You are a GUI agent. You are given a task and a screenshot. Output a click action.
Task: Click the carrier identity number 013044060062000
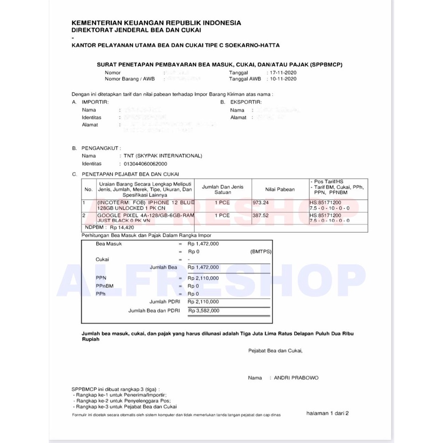click(x=146, y=164)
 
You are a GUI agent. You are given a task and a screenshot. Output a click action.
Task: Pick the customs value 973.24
click(x=261, y=203)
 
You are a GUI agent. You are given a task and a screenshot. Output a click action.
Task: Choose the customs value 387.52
click(x=261, y=215)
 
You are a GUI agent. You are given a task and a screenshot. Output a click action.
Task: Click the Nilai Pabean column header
click(x=280, y=189)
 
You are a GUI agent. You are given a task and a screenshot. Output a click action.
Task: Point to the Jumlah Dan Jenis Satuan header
click(x=223, y=189)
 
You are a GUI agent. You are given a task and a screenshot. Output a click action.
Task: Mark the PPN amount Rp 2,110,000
click(x=203, y=278)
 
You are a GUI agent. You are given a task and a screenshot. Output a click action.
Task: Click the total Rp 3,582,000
click(x=203, y=311)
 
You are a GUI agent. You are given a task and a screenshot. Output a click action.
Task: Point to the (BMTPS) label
click(x=261, y=251)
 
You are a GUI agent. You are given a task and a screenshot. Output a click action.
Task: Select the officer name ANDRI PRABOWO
click(x=296, y=378)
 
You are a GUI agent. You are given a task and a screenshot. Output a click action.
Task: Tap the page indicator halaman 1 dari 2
click(x=327, y=413)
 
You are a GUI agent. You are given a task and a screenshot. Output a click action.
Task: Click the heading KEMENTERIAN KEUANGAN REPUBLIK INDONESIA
click(x=157, y=23)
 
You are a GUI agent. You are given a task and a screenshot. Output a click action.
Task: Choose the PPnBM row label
click(x=105, y=286)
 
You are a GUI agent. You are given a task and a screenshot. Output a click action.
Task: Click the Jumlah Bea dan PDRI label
click(x=154, y=311)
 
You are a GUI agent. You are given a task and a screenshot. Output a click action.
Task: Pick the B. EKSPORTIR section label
click(x=238, y=102)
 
